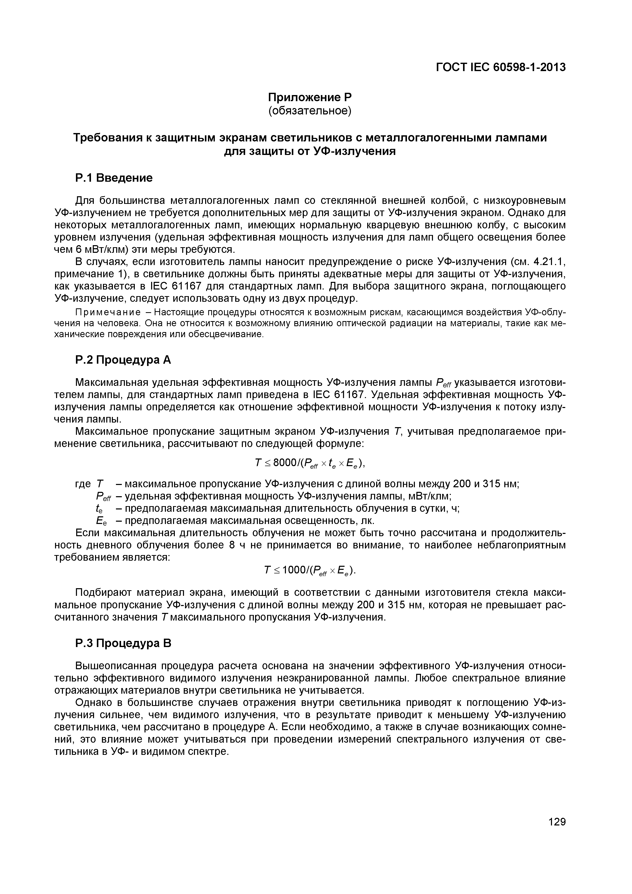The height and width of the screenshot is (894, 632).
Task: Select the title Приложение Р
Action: [310, 97]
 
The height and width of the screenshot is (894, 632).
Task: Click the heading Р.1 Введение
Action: [114, 178]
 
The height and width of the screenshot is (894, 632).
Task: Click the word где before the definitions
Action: [83, 484]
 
